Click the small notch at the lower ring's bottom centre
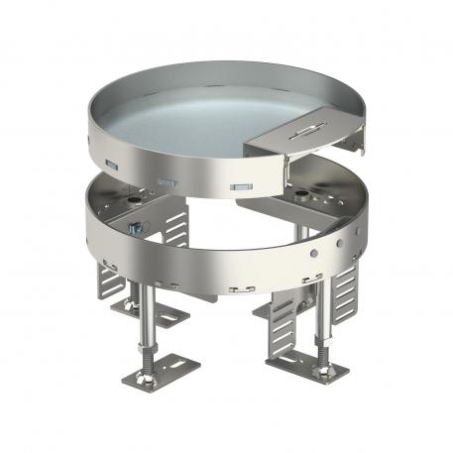[236, 290]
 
